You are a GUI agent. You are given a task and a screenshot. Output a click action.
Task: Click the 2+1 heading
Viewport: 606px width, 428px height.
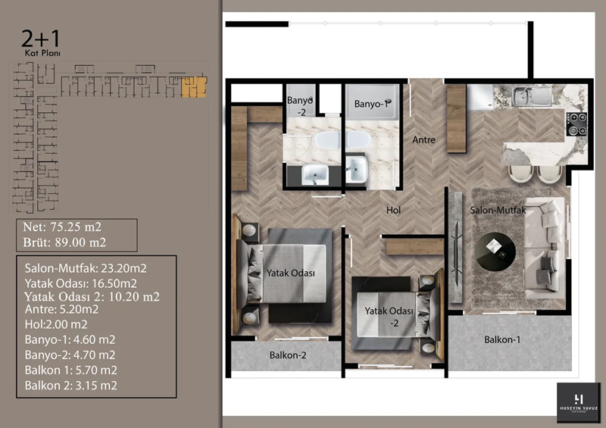[x=39, y=38]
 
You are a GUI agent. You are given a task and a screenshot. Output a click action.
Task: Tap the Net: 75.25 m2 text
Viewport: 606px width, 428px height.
[x=63, y=227]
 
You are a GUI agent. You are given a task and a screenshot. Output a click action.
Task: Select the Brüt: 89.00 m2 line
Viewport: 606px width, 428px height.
[x=65, y=242]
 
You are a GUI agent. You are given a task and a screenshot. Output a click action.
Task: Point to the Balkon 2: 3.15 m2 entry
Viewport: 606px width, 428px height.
[x=70, y=385]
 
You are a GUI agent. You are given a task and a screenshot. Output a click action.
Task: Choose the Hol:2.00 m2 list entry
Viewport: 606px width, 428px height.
[x=57, y=323]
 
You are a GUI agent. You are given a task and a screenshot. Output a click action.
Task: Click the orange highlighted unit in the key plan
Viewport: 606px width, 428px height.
[x=195, y=86]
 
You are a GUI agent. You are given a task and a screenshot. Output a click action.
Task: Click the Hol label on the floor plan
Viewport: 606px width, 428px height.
[x=392, y=210]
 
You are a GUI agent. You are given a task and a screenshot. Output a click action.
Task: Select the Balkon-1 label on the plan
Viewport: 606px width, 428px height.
[x=503, y=339]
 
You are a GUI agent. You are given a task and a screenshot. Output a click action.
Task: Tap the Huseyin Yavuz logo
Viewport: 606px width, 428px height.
[x=578, y=403]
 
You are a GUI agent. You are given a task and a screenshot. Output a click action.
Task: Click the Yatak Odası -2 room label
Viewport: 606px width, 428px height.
[x=389, y=316]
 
